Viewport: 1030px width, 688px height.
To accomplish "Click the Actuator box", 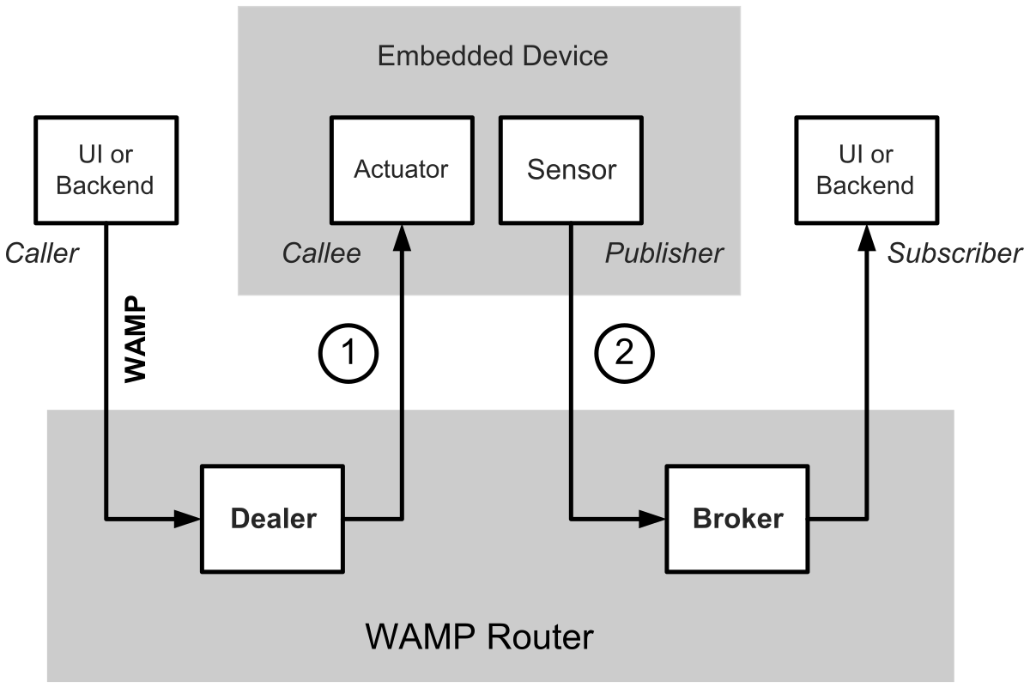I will click(x=402, y=168).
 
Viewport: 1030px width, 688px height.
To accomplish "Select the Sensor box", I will click(x=572, y=168).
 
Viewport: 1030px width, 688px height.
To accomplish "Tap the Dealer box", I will click(x=273, y=519).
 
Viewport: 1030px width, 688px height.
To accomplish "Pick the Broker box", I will click(x=737, y=519).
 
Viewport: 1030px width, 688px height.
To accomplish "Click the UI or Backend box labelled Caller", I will click(x=106, y=170).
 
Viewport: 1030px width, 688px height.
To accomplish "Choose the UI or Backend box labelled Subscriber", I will click(x=865, y=170).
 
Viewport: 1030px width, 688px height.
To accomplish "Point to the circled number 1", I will click(x=348, y=353).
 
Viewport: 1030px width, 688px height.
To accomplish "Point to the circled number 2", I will click(x=625, y=353).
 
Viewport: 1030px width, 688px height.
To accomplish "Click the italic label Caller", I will click(x=42, y=253).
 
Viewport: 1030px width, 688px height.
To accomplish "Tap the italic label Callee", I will click(x=321, y=253).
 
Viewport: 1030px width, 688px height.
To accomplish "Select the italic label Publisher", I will click(x=663, y=253).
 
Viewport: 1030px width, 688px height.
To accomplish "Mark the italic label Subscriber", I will click(x=954, y=253).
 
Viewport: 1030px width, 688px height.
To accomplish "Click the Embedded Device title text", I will click(x=493, y=57).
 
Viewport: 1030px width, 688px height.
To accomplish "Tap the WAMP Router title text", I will click(x=479, y=637).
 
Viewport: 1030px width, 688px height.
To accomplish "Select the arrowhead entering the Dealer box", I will click(x=189, y=519).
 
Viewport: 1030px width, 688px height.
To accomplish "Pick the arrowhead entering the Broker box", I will click(x=655, y=519).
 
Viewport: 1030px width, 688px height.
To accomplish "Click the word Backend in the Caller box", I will click(x=106, y=186).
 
